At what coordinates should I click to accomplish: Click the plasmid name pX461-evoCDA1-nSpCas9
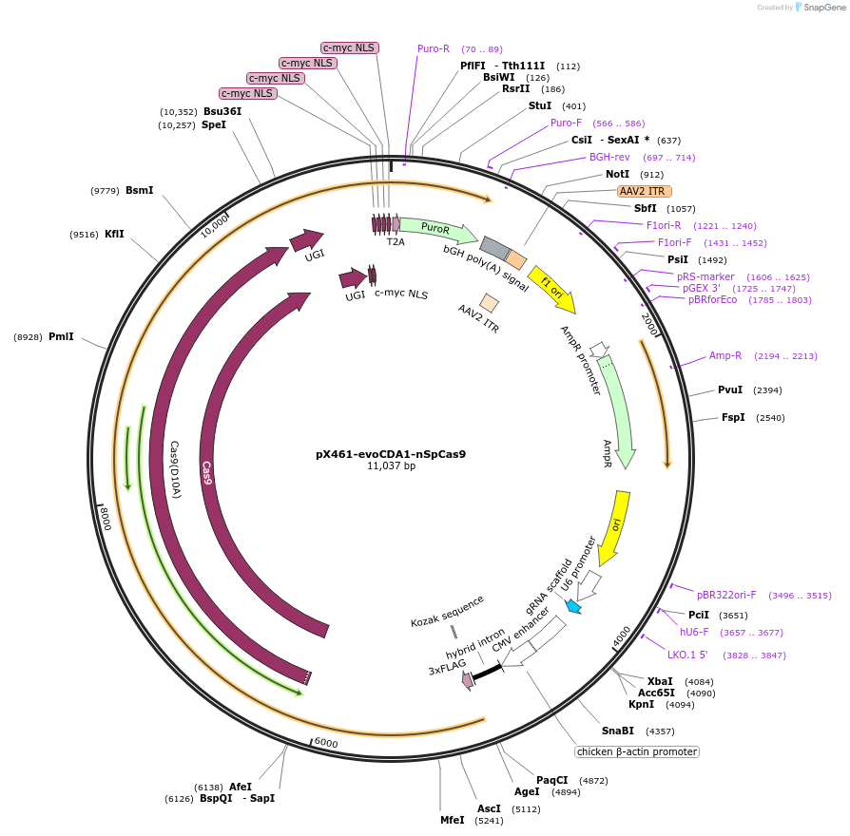(391, 454)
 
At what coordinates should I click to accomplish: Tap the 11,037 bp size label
(391, 466)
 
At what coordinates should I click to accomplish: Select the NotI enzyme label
(617, 175)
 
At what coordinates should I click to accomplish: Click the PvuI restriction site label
(730, 390)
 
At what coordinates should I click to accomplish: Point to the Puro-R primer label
(434, 48)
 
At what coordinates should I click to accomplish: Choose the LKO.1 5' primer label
(687, 655)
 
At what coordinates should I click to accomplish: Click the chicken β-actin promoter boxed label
(636, 751)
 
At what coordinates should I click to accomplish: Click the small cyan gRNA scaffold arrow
(572, 605)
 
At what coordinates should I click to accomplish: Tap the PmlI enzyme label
(61, 336)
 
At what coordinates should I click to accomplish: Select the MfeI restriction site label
(453, 820)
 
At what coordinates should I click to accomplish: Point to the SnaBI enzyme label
(617, 731)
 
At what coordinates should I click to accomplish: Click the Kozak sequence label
(447, 610)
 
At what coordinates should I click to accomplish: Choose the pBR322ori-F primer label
(726, 595)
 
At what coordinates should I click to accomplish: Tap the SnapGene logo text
(824, 8)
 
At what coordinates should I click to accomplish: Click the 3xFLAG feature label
(445, 670)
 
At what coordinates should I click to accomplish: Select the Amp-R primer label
(725, 355)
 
